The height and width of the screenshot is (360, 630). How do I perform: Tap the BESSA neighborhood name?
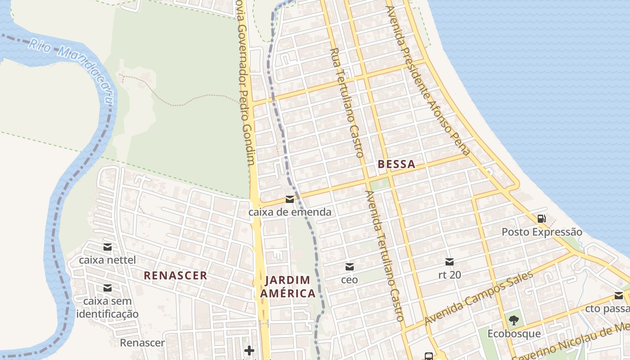[x=396, y=164]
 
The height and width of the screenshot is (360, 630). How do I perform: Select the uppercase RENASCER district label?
[x=175, y=275]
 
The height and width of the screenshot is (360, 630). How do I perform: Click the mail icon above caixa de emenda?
[x=290, y=199]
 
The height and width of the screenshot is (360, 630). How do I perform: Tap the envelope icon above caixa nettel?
[x=107, y=247]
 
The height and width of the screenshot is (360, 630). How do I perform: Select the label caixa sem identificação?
[x=107, y=307]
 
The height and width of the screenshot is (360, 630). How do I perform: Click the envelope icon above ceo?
[x=349, y=266]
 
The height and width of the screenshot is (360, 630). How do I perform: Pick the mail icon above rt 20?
[x=449, y=262]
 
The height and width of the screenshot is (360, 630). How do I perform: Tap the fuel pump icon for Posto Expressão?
[x=542, y=219]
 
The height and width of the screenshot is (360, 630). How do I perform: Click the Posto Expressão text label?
[x=542, y=232]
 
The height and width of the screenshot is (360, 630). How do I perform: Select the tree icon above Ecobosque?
[x=513, y=320]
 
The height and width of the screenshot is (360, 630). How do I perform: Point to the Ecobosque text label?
[x=514, y=334]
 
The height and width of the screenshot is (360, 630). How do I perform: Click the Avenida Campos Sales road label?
[x=479, y=298]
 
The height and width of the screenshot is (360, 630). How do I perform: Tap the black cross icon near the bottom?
[x=249, y=350]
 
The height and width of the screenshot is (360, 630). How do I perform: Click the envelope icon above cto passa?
[x=618, y=296]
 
